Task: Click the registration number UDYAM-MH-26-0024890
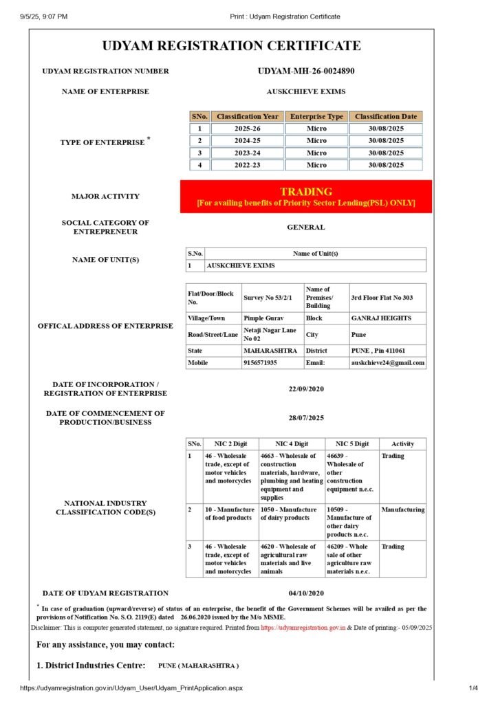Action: tap(306, 71)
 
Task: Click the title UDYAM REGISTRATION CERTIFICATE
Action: tap(231, 46)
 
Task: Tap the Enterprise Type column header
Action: tap(316, 117)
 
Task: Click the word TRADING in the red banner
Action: tap(306, 192)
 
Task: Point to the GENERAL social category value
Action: tap(306, 227)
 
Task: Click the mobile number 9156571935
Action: tap(260, 362)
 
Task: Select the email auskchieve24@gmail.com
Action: tap(387, 362)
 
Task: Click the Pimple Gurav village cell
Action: tap(263, 318)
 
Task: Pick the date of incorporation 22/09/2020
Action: tap(306, 389)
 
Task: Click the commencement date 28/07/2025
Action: tap(306, 418)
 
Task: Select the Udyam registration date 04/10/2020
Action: tap(306, 593)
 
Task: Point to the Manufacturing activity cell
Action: tap(402, 510)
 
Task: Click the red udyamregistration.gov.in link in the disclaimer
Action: tap(303, 628)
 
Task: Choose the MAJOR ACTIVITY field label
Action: tap(105, 197)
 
